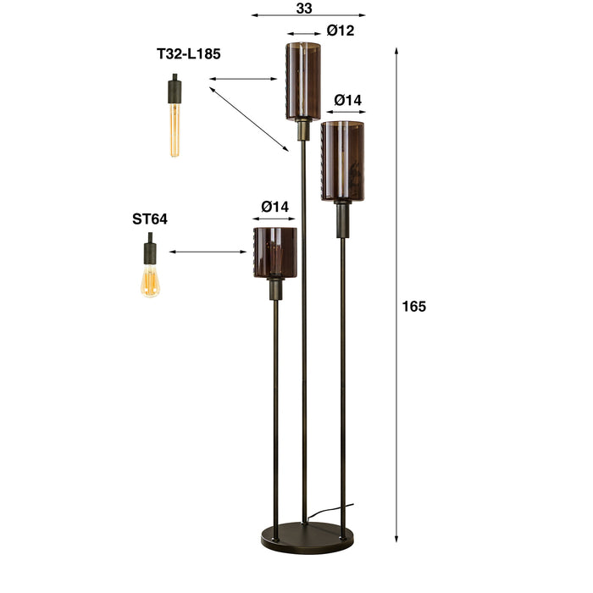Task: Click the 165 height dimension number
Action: (414, 306)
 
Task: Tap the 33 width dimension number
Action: (306, 8)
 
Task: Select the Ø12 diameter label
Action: (340, 31)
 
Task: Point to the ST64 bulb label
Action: (150, 219)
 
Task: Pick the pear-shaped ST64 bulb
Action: (150, 280)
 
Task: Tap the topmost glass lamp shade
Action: (302, 80)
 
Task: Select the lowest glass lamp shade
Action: (274, 252)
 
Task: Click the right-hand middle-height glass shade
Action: (343, 161)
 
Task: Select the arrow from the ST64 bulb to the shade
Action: (208, 252)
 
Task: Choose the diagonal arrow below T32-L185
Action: (249, 118)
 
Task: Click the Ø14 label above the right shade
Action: (347, 100)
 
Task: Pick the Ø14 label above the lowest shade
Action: (275, 206)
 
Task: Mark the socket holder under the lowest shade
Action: (275, 289)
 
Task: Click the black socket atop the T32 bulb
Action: (174, 87)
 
